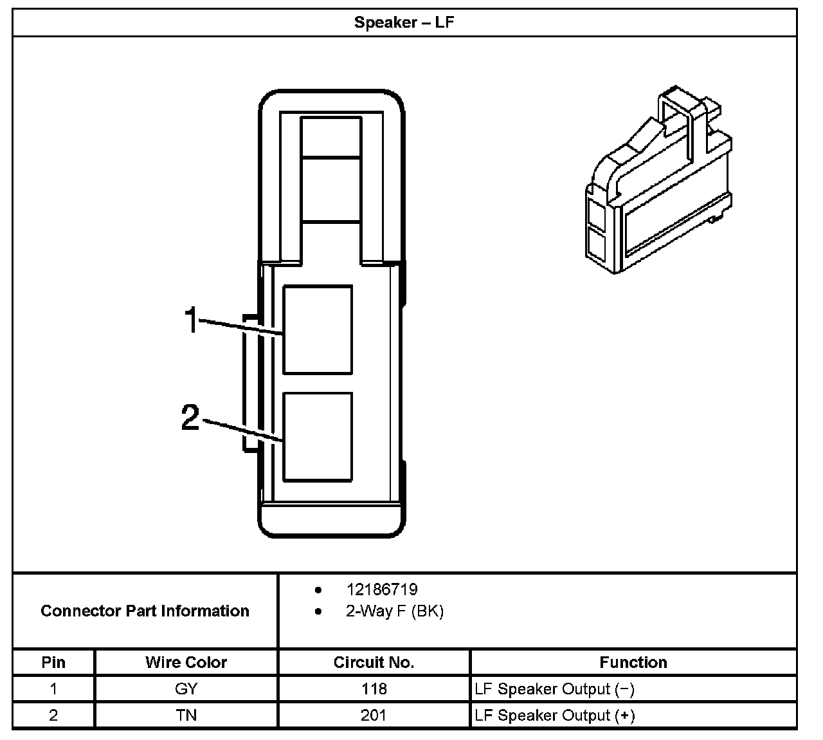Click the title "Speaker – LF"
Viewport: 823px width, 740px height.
coord(404,23)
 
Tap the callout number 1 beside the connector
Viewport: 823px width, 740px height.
coord(192,320)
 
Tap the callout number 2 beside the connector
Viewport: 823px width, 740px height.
coord(190,417)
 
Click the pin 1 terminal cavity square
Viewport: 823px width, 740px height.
coord(318,329)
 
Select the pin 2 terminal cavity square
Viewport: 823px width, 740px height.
coord(318,437)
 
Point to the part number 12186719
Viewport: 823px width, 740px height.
coord(381,589)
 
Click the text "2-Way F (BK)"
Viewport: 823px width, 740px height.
coord(394,611)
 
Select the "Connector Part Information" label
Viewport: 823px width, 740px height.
coord(145,611)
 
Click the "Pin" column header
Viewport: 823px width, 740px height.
coord(53,662)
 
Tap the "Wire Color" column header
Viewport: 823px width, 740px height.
coord(186,662)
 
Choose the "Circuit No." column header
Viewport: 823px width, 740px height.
coord(374,662)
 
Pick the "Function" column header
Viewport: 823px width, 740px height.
coord(633,662)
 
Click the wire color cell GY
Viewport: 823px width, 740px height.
coord(186,689)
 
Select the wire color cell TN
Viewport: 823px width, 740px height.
coord(186,715)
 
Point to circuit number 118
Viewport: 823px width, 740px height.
coord(374,689)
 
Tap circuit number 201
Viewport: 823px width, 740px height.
coord(374,715)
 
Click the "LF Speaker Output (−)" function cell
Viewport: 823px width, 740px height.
coord(554,689)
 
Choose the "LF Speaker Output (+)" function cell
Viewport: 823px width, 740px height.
coord(554,715)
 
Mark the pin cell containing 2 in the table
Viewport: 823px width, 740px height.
coord(53,715)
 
